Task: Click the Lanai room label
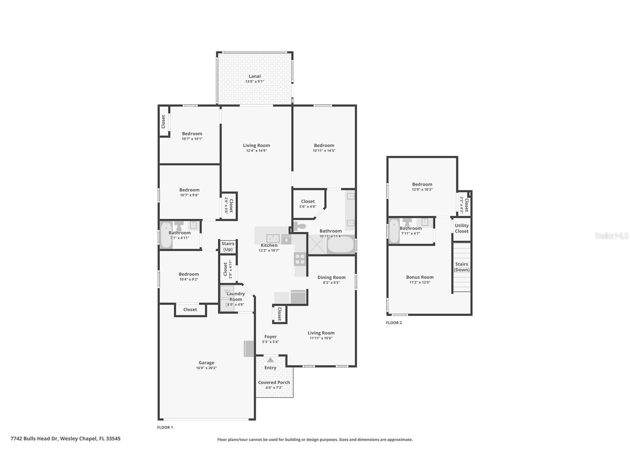click(x=255, y=76)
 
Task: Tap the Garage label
click(x=206, y=363)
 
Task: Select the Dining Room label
click(x=332, y=277)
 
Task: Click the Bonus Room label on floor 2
click(x=420, y=277)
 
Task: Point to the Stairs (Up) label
click(x=228, y=246)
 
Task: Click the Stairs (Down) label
click(x=462, y=267)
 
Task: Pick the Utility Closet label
click(x=462, y=228)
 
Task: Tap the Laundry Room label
click(x=236, y=296)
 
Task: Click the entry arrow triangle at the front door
click(x=270, y=360)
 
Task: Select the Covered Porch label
click(x=274, y=382)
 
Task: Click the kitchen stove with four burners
click(x=300, y=259)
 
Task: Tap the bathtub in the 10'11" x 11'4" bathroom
click(x=341, y=245)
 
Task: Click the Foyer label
click(x=270, y=337)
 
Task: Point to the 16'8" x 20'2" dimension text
click(x=206, y=368)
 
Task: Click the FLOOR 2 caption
click(x=394, y=323)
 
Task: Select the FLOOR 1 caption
click(x=165, y=427)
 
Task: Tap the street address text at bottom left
click(x=65, y=439)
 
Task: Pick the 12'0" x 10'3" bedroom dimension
click(x=422, y=190)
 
